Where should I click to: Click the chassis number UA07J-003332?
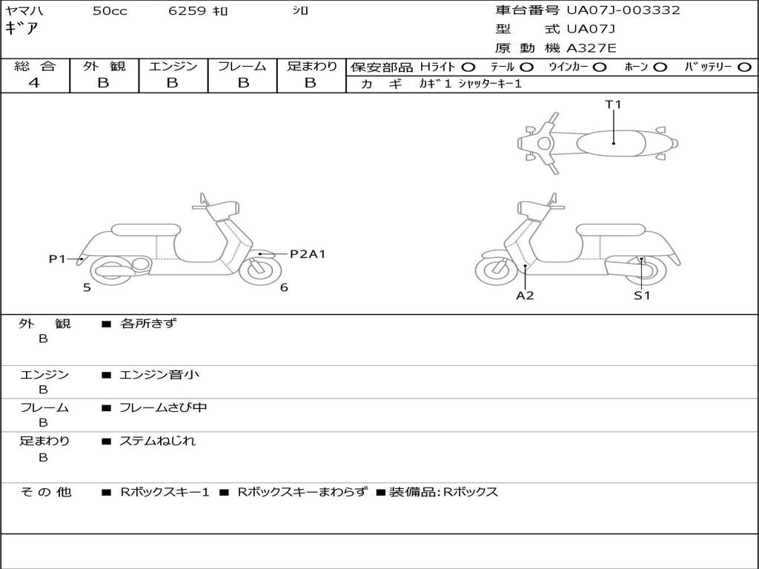[x=623, y=10]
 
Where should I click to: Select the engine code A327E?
[x=591, y=48]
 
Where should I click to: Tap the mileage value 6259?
[x=187, y=11]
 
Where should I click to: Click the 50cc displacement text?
[x=110, y=11]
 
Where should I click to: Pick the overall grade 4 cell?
[x=34, y=83]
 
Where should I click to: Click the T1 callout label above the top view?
[x=613, y=104]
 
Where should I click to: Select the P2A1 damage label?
[x=307, y=254]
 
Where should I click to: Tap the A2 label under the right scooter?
[x=525, y=295]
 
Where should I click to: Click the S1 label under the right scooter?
[x=641, y=295]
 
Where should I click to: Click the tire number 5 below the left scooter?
[x=87, y=287]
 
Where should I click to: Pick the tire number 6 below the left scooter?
[x=284, y=287]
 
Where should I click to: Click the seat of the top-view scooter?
[x=612, y=142]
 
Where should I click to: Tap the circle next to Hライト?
[x=468, y=67]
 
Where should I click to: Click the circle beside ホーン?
[x=660, y=67]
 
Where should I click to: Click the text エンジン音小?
[x=159, y=375]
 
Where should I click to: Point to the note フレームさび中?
[x=163, y=407]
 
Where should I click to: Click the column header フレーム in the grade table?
[x=242, y=66]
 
